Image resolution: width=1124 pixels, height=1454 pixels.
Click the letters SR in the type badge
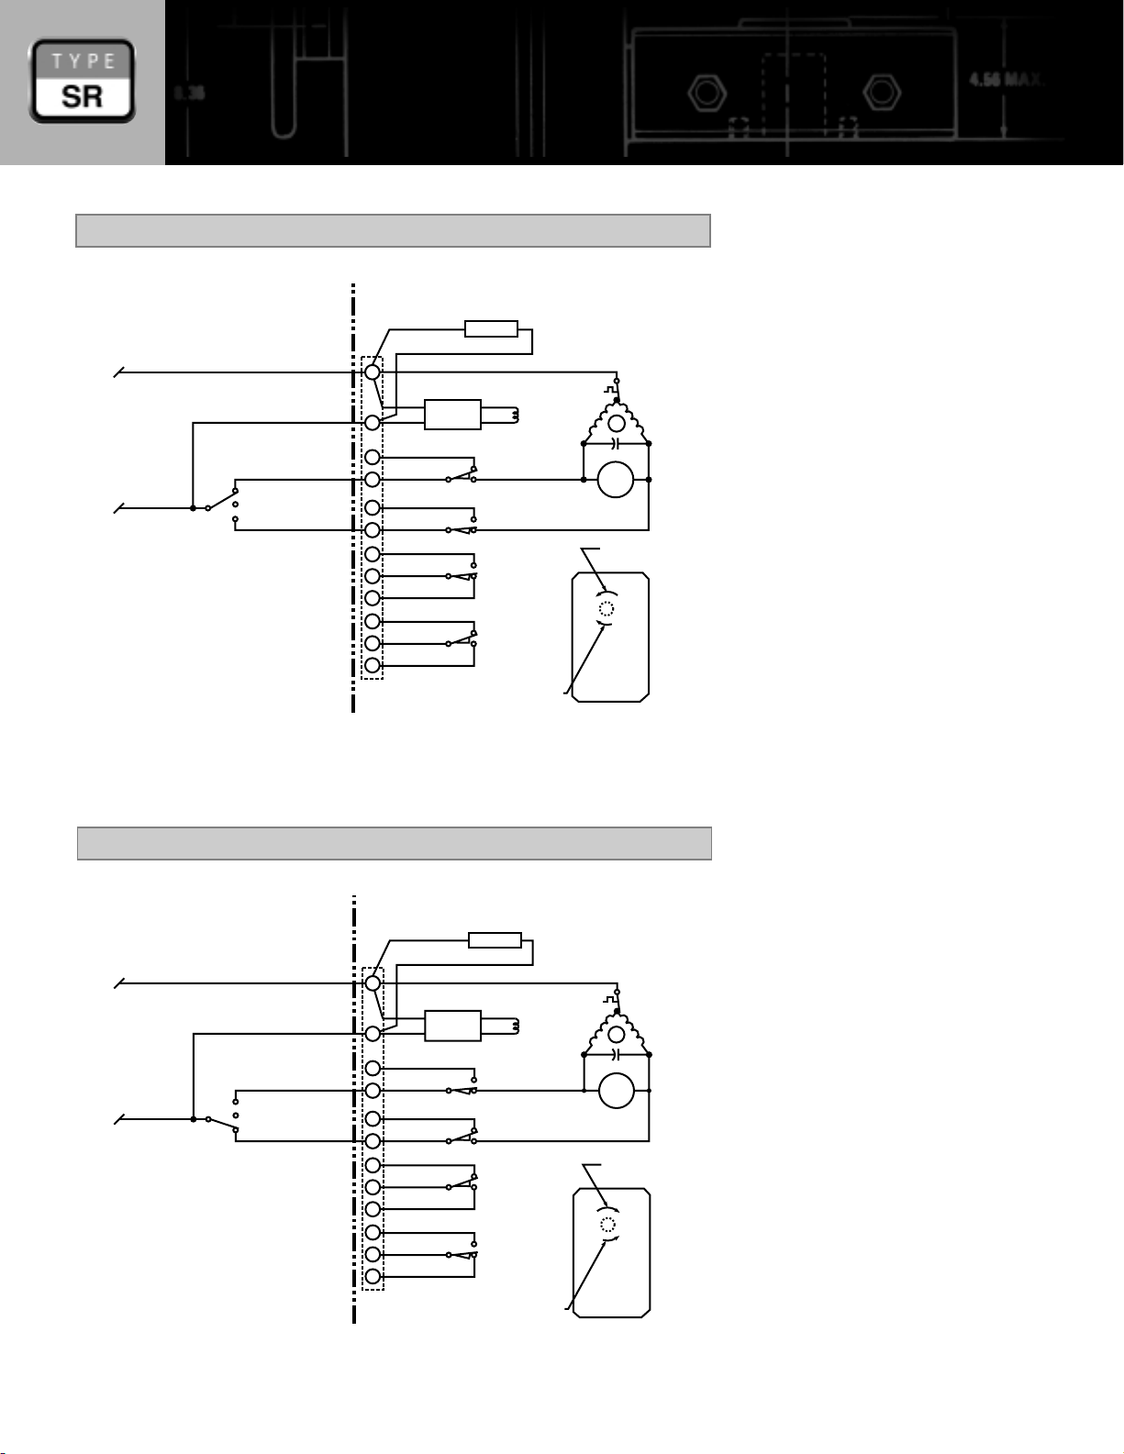click(x=83, y=95)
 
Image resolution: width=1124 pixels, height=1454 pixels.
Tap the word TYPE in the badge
click(x=83, y=61)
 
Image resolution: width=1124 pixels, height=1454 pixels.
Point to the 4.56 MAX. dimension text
click(x=1006, y=80)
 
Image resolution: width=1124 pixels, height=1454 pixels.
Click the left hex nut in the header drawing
click(x=704, y=92)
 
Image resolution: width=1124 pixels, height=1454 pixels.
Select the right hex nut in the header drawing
click(x=882, y=92)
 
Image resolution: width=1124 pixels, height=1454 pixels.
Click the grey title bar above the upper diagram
click(x=393, y=231)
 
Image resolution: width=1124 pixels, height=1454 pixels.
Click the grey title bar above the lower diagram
click(x=395, y=843)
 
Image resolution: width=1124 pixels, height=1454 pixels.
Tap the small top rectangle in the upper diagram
click(x=491, y=329)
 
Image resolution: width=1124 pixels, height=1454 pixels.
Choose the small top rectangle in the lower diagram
click(x=495, y=940)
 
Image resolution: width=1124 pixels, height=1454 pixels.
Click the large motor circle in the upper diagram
click(x=616, y=480)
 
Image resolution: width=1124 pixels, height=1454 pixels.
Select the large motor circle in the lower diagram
click(x=617, y=1091)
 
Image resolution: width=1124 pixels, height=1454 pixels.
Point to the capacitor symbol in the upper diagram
click(x=617, y=443)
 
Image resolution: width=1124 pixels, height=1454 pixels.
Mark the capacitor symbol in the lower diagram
click(x=617, y=1054)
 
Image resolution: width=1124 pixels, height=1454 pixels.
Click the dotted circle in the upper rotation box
click(x=606, y=609)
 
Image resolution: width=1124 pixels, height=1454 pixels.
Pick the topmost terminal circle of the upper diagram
click(x=373, y=372)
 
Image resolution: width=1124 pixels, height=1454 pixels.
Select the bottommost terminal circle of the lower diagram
click(x=373, y=1277)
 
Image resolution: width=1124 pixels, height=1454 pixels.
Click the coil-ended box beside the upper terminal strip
click(x=452, y=415)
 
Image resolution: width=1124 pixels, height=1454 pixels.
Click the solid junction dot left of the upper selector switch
click(x=193, y=507)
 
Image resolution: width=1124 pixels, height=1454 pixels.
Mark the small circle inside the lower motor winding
click(x=617, y=1035)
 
